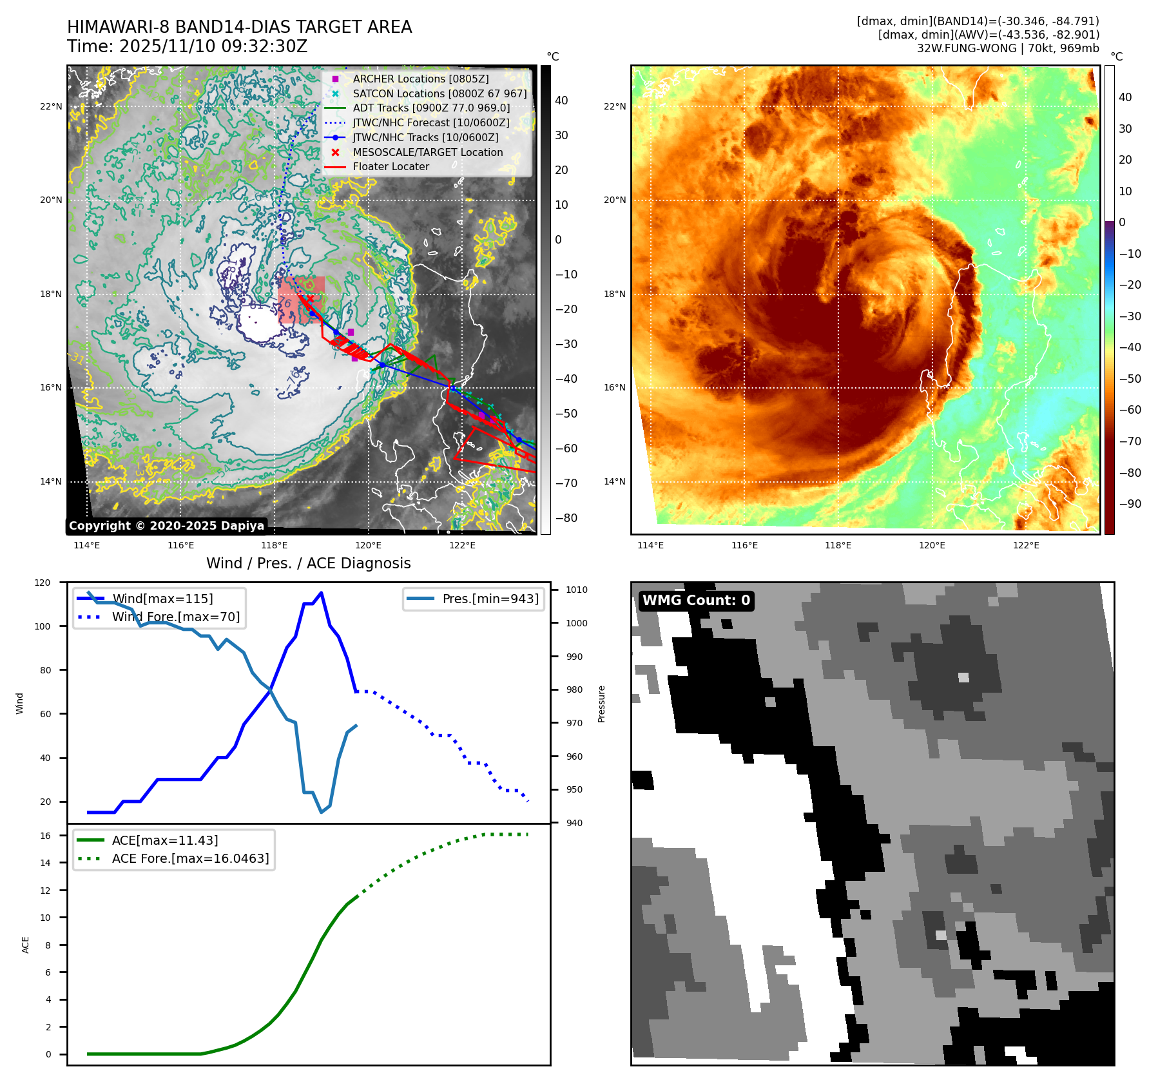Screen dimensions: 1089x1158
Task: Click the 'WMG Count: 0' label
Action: click(696, 601)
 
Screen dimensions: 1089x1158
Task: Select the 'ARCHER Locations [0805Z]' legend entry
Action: click(420, 79)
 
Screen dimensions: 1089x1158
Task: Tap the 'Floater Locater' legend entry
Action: click(391, 166)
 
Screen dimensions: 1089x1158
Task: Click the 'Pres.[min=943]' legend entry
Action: click(490, 599)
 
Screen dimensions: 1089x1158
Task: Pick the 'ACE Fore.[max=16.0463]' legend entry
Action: click(190, 858)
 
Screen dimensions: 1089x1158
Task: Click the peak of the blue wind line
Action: click(321, 593)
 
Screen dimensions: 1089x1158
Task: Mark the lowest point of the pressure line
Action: click(321, 812)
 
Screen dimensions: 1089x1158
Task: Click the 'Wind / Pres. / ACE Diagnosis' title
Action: click(308, 563)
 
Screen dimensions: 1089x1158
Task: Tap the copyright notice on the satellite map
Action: click(166, 526)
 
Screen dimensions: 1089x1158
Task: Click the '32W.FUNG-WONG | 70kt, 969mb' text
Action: click(1008, 48)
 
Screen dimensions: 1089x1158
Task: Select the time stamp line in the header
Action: click(187, 46)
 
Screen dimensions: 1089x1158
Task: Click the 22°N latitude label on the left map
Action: click(51, 106)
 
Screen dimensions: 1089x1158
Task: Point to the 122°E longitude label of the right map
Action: click(1026, 545)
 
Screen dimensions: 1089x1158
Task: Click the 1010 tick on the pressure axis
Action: click(577, 590)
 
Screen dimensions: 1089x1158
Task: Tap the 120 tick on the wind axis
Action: click(43, 583)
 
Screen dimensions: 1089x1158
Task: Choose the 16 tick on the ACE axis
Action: click(45, 836)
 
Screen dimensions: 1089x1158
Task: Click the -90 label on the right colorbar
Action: click(1130, 504)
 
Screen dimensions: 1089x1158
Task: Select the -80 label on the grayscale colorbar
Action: click(566, 518)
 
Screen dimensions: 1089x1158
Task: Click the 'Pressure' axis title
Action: click(601, 704)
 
